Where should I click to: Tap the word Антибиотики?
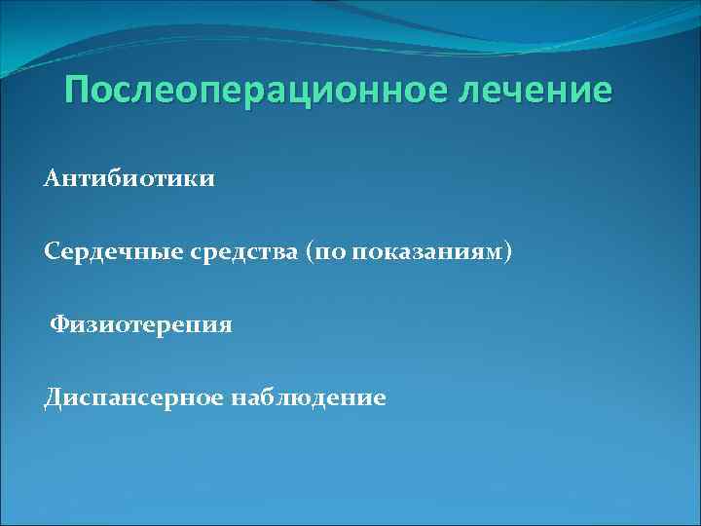click(129, 180)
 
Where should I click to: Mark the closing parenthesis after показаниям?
click(506, 252)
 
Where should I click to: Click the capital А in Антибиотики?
click(53, 180)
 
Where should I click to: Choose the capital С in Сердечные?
click(52, 252)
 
